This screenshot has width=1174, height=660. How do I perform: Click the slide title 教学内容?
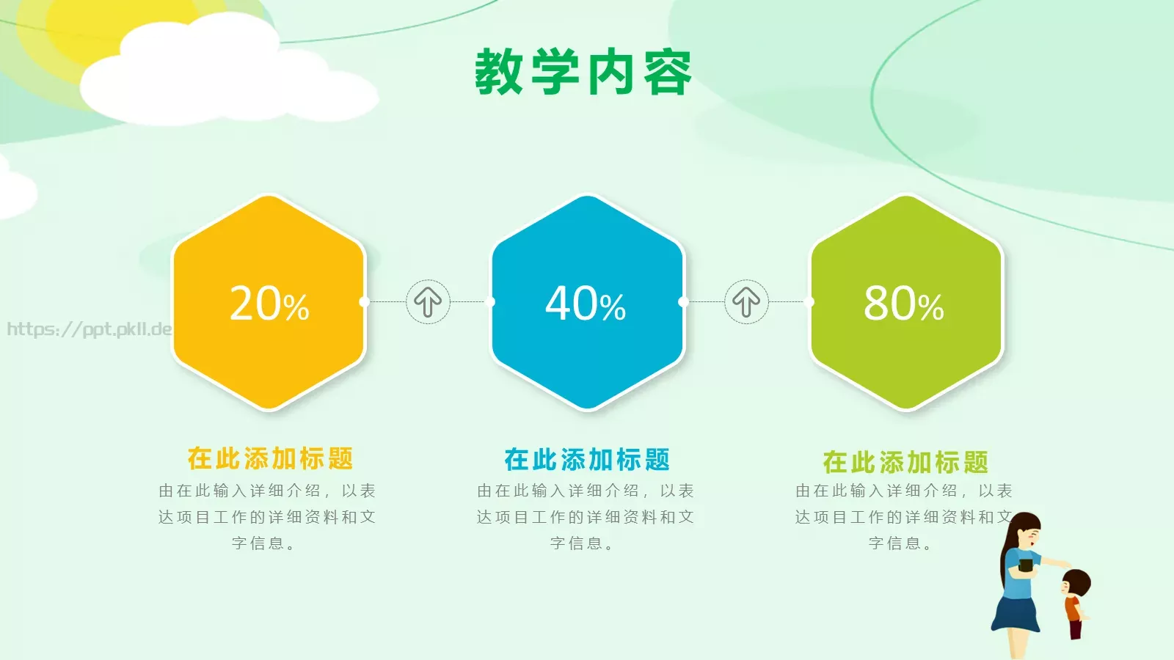coord(583,72)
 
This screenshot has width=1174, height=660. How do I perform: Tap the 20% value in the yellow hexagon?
coord(269,304)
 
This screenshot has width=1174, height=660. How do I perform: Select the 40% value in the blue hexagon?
coord(586,304)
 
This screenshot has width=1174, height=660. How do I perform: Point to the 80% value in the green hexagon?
coord(903,304)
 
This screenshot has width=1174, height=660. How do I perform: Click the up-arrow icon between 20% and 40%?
coord(428,301)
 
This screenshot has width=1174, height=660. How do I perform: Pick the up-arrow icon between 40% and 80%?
coord(746,301)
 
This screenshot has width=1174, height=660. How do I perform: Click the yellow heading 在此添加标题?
coord(270,458)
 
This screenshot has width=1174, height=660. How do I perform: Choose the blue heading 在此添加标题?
coord(587,460)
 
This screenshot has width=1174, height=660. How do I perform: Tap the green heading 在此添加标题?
coord(905,462)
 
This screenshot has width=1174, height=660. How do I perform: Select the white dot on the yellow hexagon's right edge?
coord(365,301)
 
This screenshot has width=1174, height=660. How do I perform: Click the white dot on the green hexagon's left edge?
coord(809,301)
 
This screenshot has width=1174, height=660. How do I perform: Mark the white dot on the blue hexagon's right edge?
coord(683,301)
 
